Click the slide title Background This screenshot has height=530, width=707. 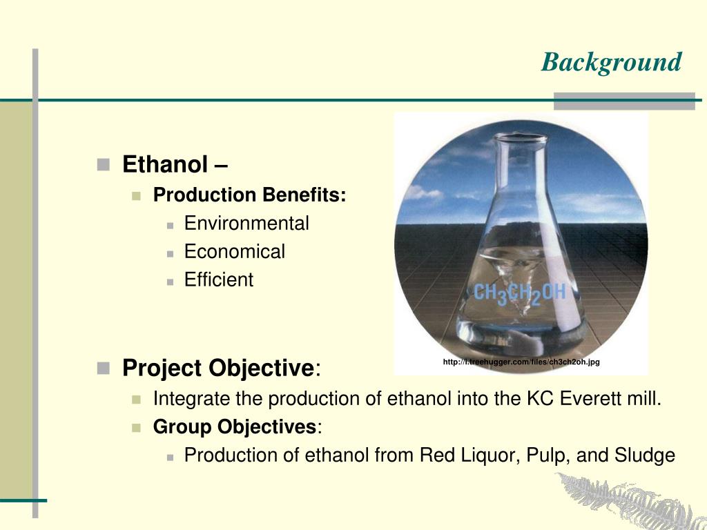(x=611, y=62)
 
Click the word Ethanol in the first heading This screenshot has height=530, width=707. (x=165, y=164)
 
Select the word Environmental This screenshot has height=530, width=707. (x=246, y=224)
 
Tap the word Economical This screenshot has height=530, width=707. (x=235, y=251)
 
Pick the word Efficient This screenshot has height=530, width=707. (x=219, y=279)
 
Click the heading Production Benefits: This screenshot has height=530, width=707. (x=249, y=195)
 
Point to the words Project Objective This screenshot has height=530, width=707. (x=217, y=368)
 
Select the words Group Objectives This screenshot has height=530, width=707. (x=235, y=426)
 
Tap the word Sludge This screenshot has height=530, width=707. (x=645, y=455)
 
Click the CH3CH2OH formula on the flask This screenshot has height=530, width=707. (x=519, y=294)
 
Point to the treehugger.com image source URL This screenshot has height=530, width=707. (x=521, y=362)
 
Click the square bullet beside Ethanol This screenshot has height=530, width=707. (x=104, y=164)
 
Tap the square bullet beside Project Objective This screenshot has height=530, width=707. (x=104, y=369)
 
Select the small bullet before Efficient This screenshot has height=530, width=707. (x=170, y=282)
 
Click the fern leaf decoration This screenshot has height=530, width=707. (x=631, y=501)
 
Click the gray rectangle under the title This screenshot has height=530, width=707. (x=624, y=101)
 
